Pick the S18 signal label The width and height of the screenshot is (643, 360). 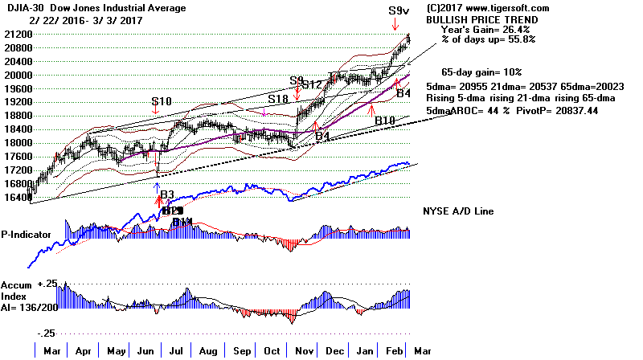click(278, 99)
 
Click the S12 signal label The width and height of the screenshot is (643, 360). click(313, 84)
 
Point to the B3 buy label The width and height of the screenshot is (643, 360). click(167, 194)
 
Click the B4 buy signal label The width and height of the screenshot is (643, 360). click(406, 94)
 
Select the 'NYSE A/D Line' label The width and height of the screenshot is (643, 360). click(457, 211)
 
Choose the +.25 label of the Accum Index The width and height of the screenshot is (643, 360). click(49, 284)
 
